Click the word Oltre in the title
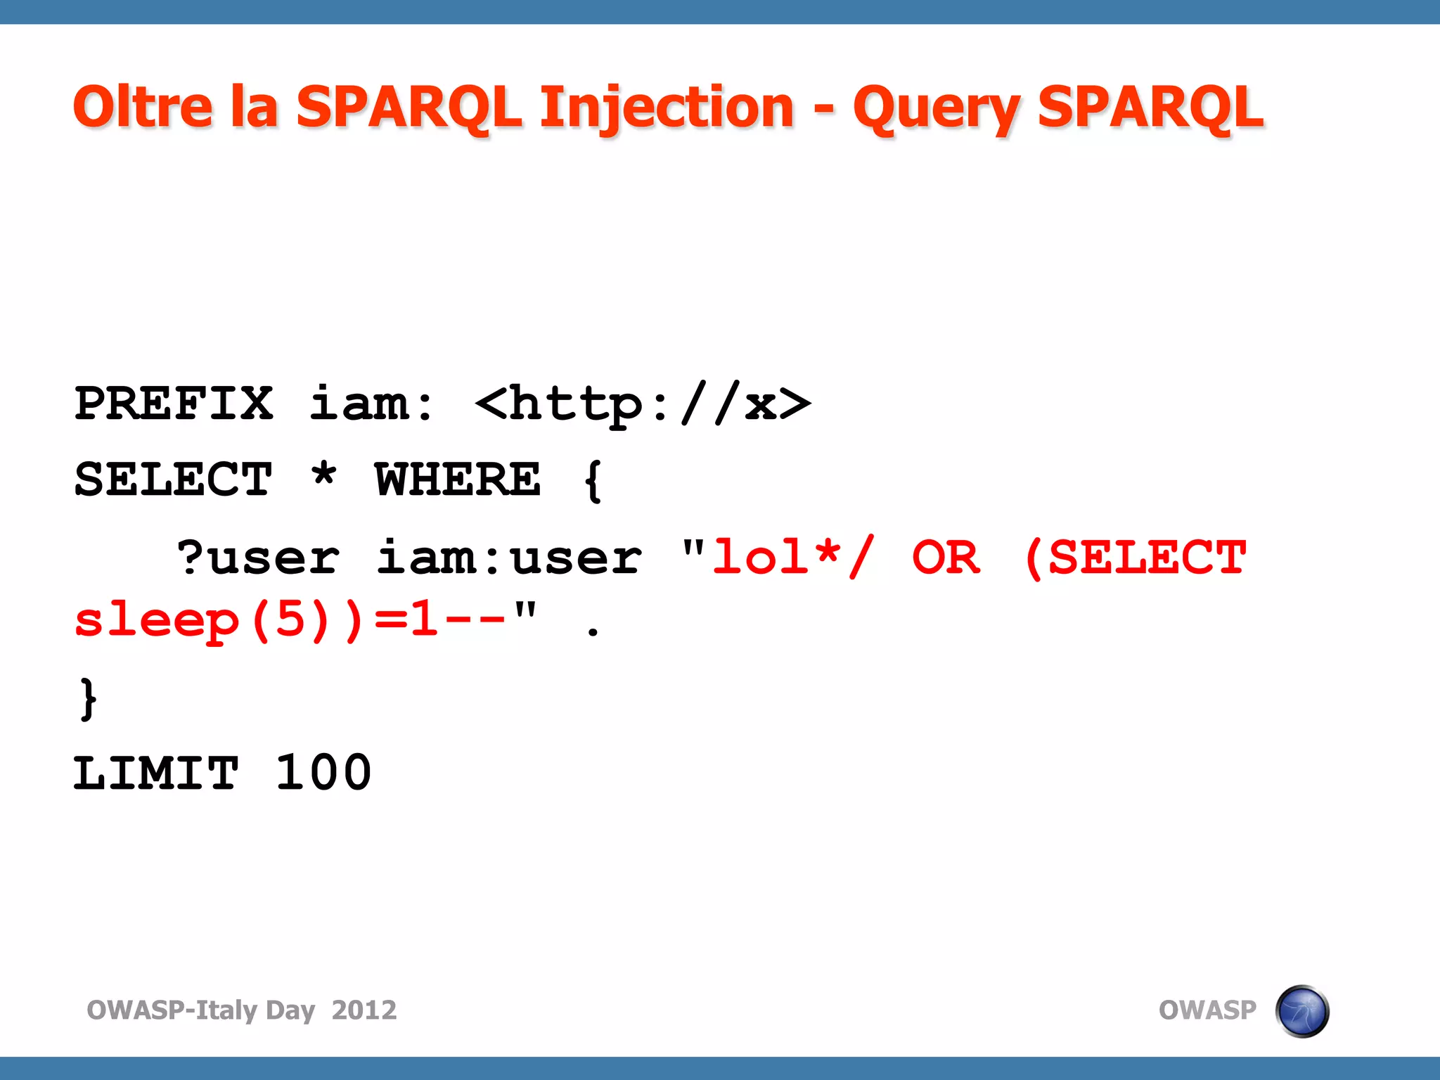(x=143, y=107)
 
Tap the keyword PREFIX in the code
(x=174, y=404)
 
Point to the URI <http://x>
(x=643, y=404)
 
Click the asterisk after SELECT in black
(x=324, y=477)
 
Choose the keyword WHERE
(x=458, y=480)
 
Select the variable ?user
(x=258, y=558)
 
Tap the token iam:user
(x=509, y=558)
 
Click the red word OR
(x=946, y=558)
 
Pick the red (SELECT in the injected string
(x=1135, y=558)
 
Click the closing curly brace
(x=88, y=699)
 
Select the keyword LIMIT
(x=156, y=773)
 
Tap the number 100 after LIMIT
(x=323, y=773)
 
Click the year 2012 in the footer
(x=364, y=1010)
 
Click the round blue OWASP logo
(x=1302, y=1011)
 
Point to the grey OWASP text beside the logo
(x=1207, y=1010)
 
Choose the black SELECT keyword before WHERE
(x=174, y=480)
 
